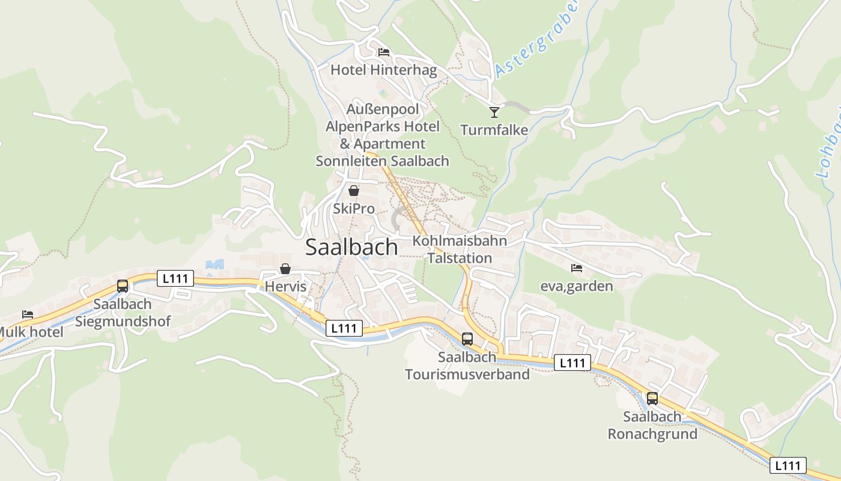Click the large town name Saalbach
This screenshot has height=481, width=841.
351,247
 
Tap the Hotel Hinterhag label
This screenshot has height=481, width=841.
384,70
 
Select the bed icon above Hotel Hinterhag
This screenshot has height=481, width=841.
384,52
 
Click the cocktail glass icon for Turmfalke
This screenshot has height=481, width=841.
494,112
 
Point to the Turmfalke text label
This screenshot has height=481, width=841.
494,130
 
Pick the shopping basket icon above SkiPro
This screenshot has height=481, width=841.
354,191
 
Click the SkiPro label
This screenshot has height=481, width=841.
354,209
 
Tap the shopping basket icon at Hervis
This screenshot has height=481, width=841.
285,269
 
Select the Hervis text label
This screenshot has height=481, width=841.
286,287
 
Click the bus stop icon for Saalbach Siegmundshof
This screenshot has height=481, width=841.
123,286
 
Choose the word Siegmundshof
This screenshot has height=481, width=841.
123,322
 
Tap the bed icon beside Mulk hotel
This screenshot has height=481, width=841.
28,314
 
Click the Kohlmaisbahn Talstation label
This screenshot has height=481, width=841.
460,250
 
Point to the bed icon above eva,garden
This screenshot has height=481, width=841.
577,268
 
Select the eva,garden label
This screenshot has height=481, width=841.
577,286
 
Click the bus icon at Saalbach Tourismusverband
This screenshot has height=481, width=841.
467,339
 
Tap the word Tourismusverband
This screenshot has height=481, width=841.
467,375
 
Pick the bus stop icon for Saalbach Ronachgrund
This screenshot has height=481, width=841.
652,398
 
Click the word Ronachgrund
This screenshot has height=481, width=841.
652,434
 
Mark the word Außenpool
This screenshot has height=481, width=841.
383,110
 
